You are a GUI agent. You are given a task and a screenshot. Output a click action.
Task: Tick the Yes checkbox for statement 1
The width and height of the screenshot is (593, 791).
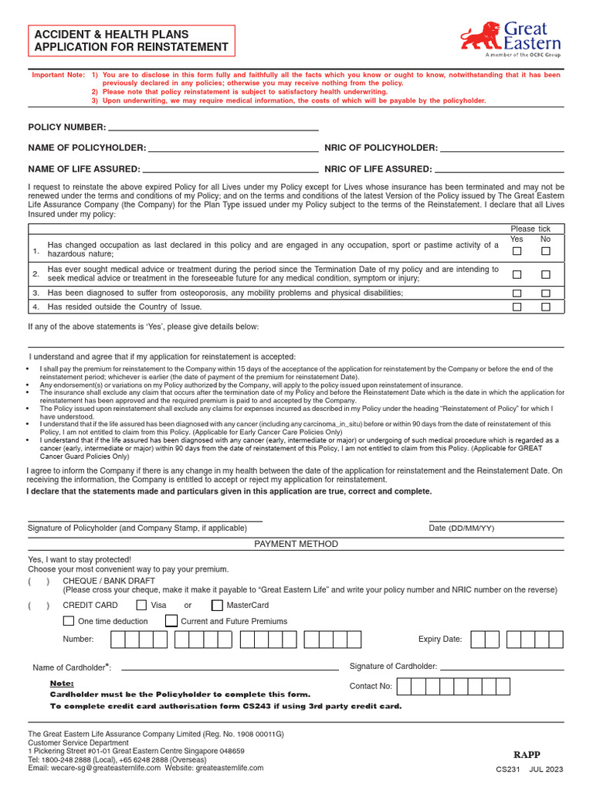[517, 251]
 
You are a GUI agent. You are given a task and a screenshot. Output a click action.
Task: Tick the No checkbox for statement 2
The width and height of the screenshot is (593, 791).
[546, 274]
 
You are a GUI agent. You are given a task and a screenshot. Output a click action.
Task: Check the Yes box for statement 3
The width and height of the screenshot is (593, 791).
[517, 294]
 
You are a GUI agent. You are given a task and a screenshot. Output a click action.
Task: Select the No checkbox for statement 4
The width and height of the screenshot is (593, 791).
[546, 307]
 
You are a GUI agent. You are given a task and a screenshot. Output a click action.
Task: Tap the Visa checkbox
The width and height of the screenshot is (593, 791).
[141, 606]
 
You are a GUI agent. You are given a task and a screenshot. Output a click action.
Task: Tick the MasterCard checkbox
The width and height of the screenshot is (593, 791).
[217, 606]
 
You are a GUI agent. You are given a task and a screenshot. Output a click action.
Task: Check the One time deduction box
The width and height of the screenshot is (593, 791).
[69, 621]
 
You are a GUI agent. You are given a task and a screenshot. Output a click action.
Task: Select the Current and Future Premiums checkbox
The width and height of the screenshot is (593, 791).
[171, 621]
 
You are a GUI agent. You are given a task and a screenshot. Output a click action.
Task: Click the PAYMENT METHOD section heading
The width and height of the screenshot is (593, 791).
[296, 544]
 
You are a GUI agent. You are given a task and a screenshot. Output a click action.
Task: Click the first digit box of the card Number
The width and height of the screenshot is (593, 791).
[118, 640]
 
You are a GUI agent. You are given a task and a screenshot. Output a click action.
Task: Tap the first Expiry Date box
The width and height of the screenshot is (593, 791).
[478, 640]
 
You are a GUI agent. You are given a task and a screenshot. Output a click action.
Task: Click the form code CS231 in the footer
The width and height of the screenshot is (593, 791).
[509, 770]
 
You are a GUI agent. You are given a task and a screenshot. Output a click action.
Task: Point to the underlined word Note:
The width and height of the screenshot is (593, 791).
[62, 684]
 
